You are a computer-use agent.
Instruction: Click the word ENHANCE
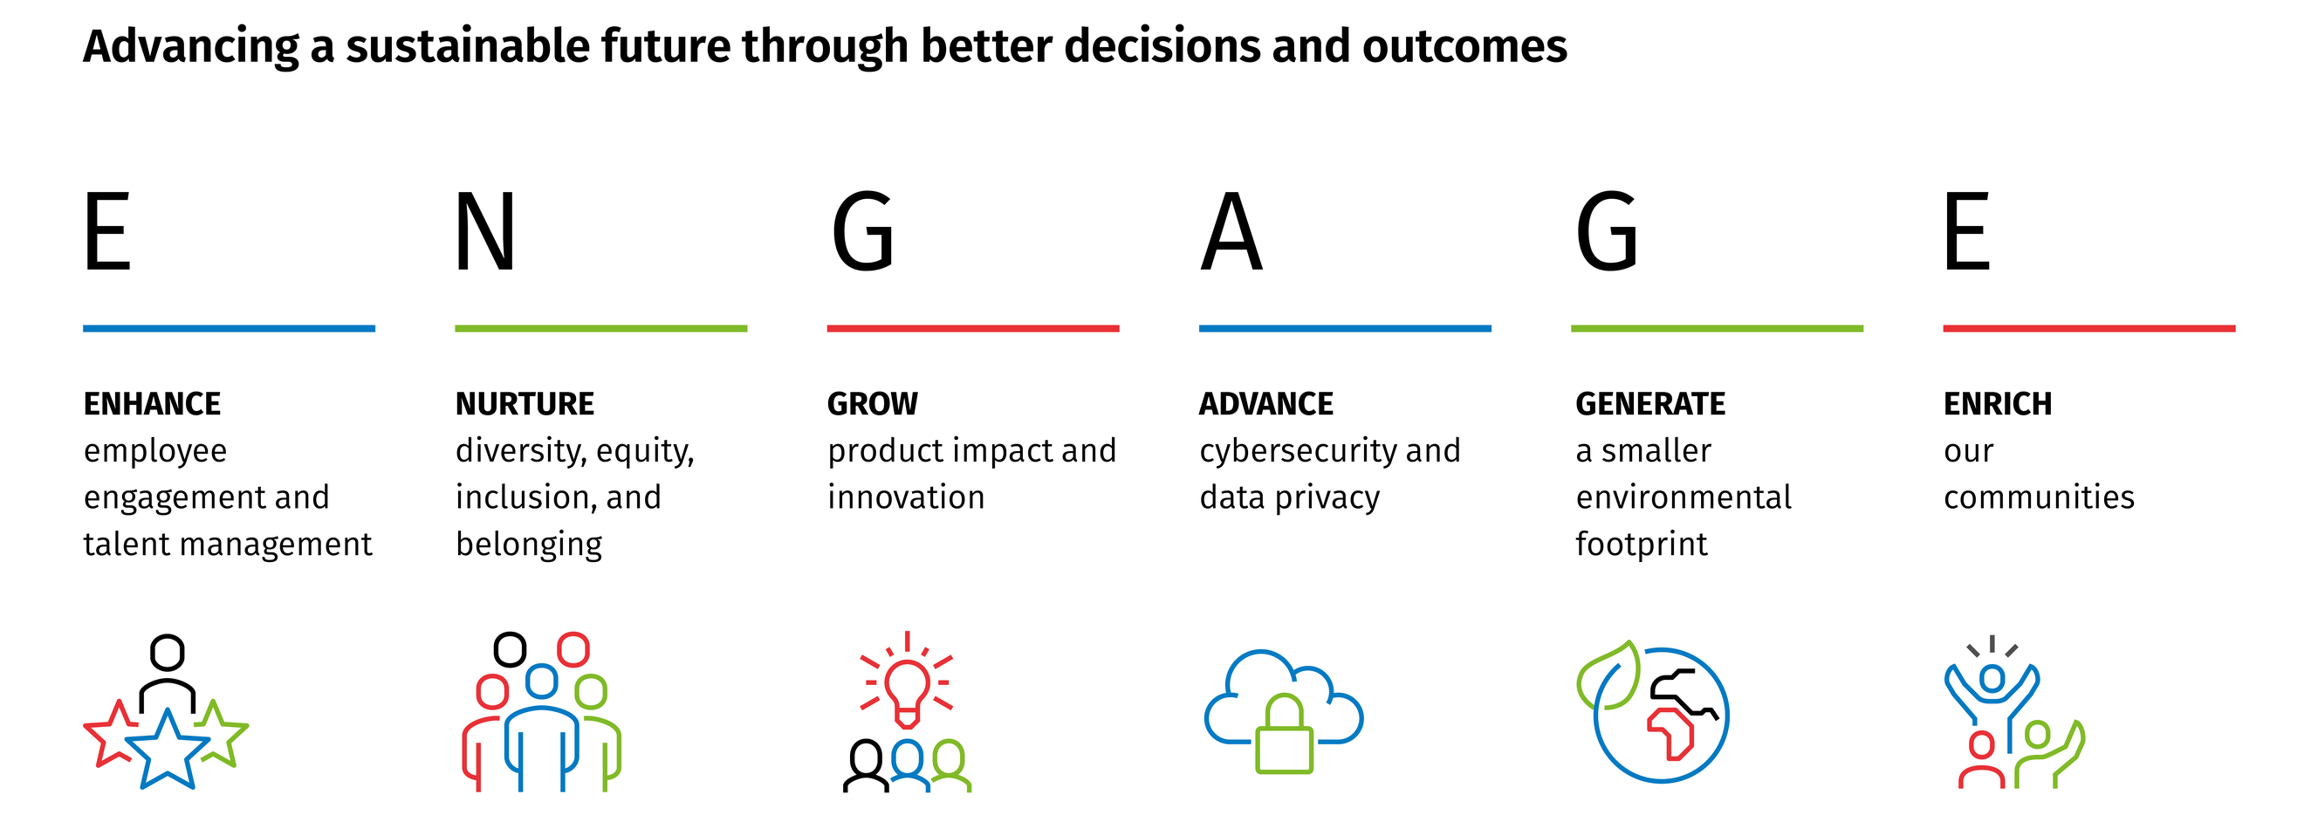click(x=152, y=404)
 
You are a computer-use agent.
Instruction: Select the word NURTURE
click(x=525, y=404)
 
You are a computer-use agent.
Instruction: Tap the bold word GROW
click(x=873, y=404)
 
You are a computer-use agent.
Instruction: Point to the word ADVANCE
click(x=1266, y=404)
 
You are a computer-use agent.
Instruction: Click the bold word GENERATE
click(x=1650, y=404)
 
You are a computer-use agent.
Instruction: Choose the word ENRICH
click(x=1998, y=404)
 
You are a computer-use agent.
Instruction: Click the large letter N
click(x=485, y=232)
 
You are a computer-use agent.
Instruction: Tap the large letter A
click(x=1231, y=232)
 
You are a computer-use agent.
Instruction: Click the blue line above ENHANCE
click(x=230, y=328)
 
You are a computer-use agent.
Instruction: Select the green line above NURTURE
click(x=601, y=328)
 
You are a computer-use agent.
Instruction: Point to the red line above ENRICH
click(x=2089, y=328)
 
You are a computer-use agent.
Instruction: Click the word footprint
click(x=1642, y=545)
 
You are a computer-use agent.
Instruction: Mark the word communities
click(x=2039, y=497)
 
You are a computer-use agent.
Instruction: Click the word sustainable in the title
click(x=466, y=47)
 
